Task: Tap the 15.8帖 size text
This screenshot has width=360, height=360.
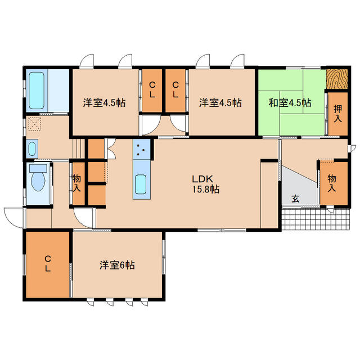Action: (204, 190)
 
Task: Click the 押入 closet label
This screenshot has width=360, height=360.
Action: (337, 113)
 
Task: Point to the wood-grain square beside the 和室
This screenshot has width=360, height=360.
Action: (336, 79)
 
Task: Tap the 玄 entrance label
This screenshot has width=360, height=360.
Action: (295, 199)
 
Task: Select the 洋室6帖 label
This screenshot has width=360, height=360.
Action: (118, 264)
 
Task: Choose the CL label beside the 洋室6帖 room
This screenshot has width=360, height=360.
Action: (48, 263)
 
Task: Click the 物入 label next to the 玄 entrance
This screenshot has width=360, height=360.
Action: (332, 182)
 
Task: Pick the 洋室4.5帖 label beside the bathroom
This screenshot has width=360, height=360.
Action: (104, 103)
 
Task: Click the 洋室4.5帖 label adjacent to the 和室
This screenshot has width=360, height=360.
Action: (220, 103)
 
